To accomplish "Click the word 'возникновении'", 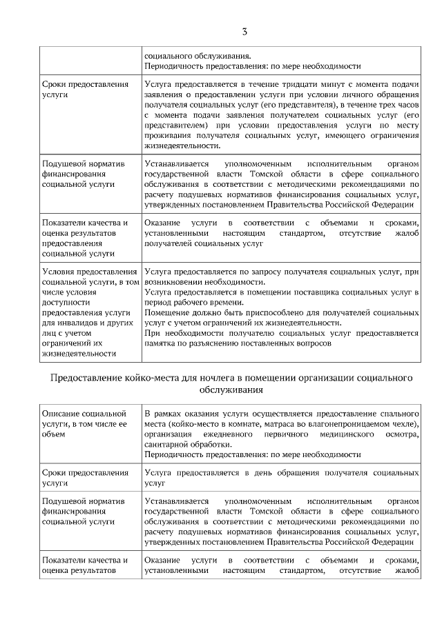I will pyautogui.click(x=174, y=283).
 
